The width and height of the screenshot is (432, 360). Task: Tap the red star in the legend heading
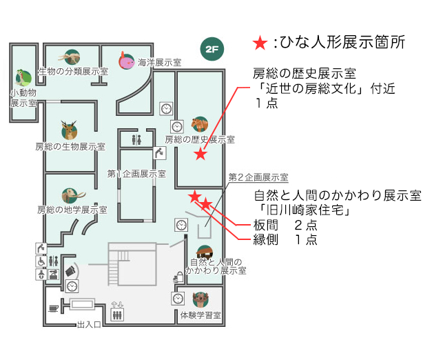pyautogui.click(x=259, y=44)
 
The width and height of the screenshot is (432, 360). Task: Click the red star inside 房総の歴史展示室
pyautogui.click(x=200, y=154)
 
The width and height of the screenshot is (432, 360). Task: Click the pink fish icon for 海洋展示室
pyautogui.click(x=125, y=61)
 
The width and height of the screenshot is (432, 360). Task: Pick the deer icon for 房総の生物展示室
pyautogui.click(x=68, y=129)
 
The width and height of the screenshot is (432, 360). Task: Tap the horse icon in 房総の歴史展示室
pyautogui.click(x=200, y=125)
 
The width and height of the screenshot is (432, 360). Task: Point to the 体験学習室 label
pyautogui.click(x=200, y=316)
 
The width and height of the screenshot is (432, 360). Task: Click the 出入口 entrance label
pyautogui.click(x=90, y=324)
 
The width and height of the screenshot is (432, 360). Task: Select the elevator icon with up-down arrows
pyautogui.click(x=117, y=311)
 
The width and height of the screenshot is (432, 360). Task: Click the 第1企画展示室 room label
pyautogui.click(x=136, y=174)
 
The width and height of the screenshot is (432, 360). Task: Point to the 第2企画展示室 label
pyautogui.click(x=258, y=177)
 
